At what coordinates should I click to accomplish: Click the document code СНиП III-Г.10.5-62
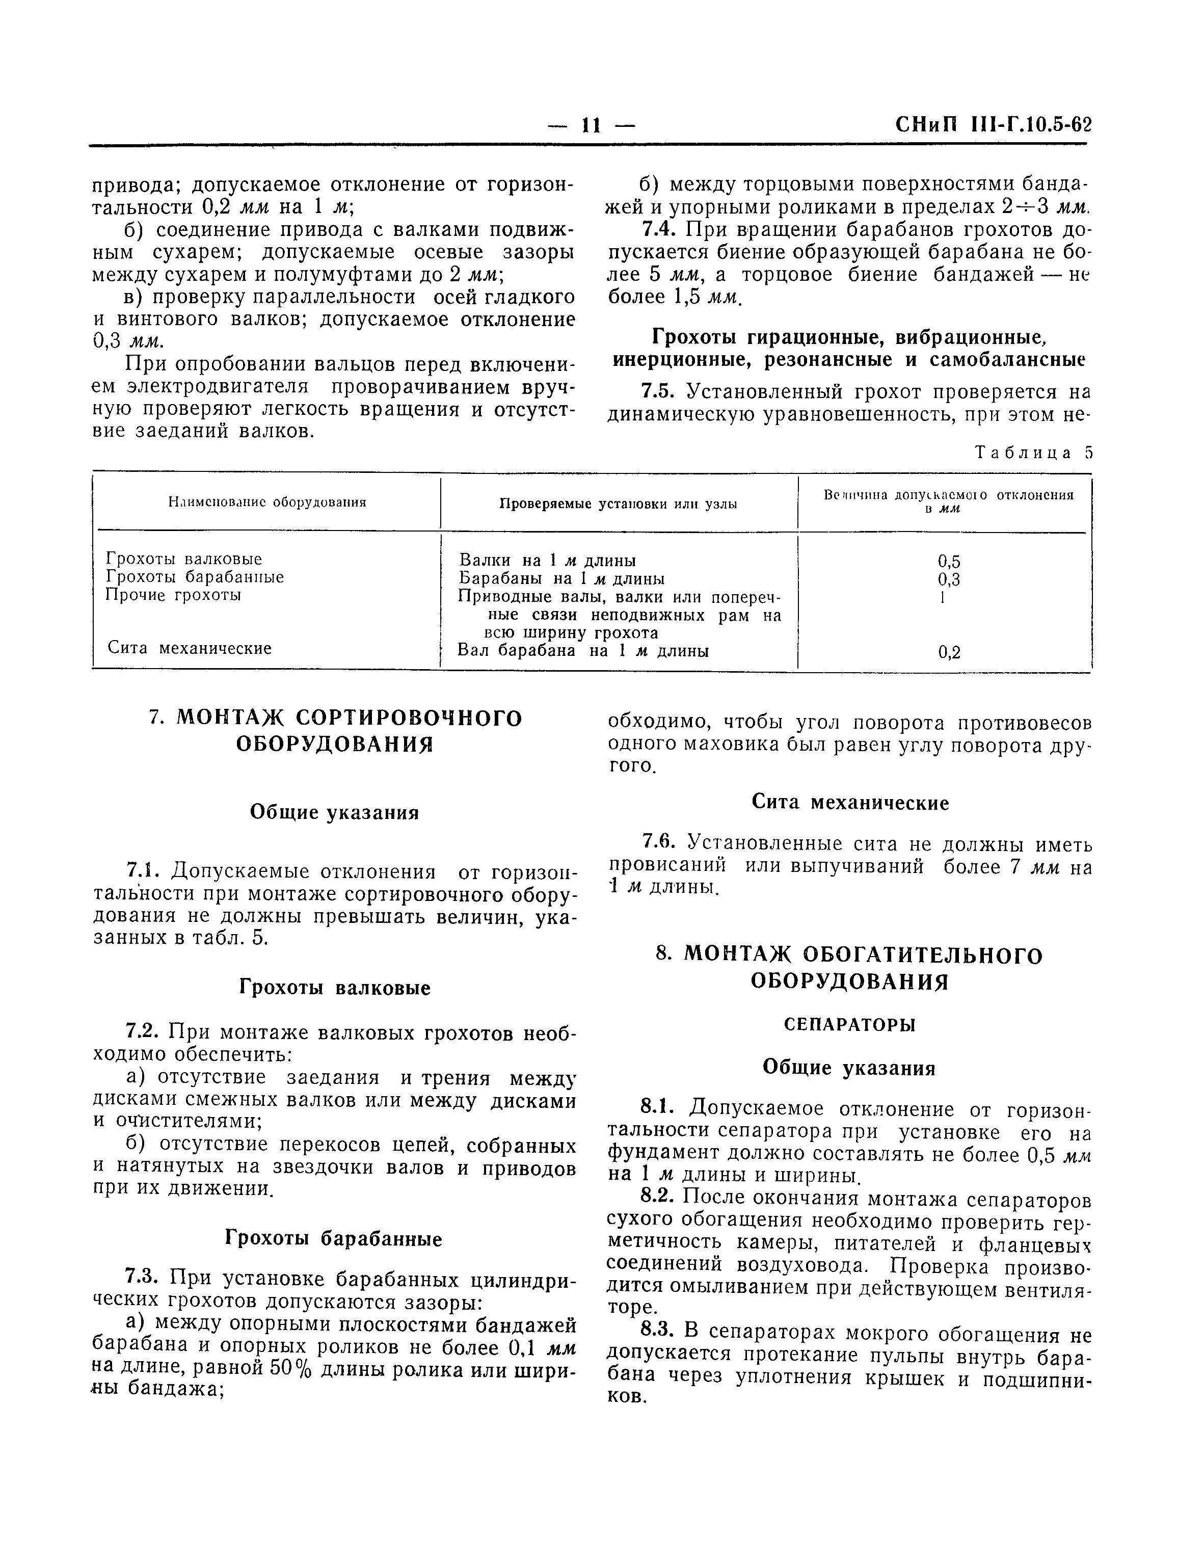(993, 125)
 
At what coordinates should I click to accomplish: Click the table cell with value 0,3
(949, 580)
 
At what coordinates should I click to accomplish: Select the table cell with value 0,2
(949, 652)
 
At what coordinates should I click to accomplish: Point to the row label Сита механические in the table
(189, 649)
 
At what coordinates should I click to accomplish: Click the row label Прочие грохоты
(173, 595)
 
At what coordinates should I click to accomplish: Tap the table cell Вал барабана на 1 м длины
(583, 651)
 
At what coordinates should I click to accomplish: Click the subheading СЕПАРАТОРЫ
(849, 1025)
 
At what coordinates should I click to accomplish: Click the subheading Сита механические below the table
(850, 803)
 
